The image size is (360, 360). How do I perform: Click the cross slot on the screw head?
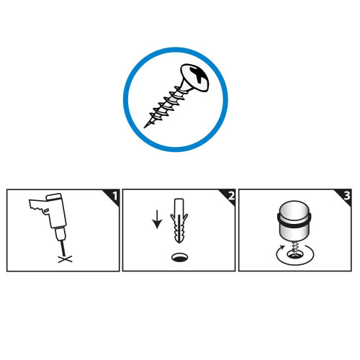pyautogui.click(x=199, y=74)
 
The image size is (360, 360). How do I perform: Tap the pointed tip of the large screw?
pyautogui.click(x=144, y=127)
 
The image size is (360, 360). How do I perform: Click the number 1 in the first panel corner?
pyautogui.click(x=115, y=196)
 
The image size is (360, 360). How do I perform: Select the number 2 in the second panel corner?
pyautogui.click(x=231, y=196)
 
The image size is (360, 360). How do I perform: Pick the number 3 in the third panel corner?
pyautogui.click(x=347, y=196)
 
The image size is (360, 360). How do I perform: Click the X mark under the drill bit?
pyautogui.click(x=65, y=259)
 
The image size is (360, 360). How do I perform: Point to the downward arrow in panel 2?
pyautogui.click(x=157, y=220)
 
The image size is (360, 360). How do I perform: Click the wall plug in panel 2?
pyautogui.click(x=179, y=220)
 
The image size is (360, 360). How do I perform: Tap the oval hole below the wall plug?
pyautogui.click(x=180, y=257)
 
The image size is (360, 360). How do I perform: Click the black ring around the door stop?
pyautogui.click(x=294, y=221)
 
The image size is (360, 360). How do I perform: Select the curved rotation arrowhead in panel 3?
pyautogui.click(x=282, y=248)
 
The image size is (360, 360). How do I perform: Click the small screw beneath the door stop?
pyautogui.click(x=295, y=249)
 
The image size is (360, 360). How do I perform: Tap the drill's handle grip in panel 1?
pyautogui.click(x=38, y=205)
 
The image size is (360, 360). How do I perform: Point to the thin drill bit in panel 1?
pyautogui.click(x=63, y=248)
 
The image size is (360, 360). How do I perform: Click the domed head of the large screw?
pyautogui.click(x=194, y=77)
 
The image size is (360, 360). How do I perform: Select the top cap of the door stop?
pyautogui.click(x=294, y=208)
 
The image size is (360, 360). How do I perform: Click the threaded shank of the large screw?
pyautogui.click(x=166, y=106)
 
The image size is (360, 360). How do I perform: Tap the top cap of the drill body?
pyautogui.click(x=54, y=197)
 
